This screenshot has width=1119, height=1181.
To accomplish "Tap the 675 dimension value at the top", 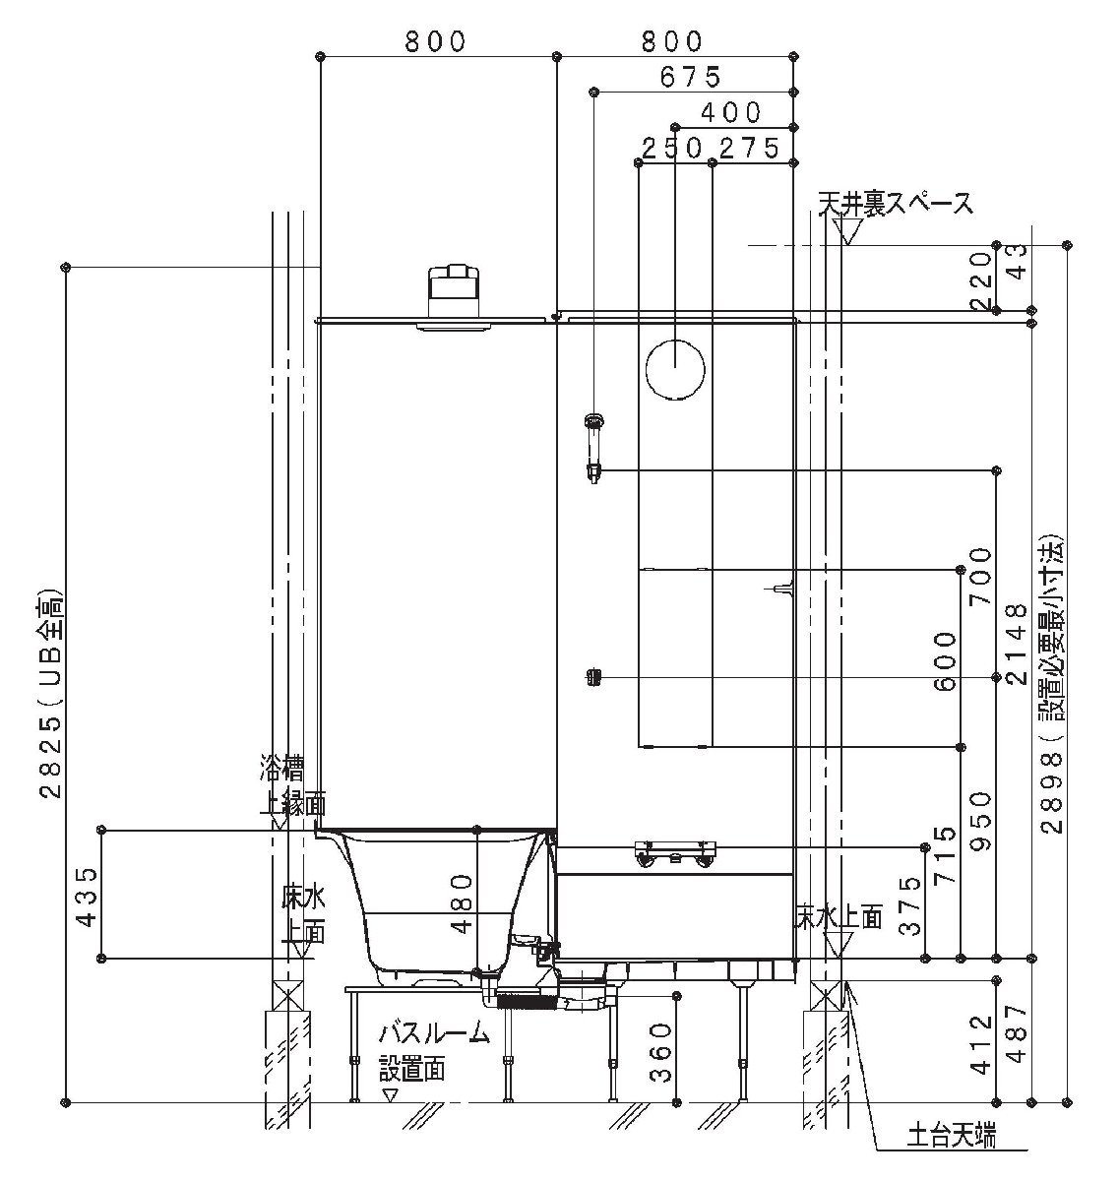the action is (691, 77).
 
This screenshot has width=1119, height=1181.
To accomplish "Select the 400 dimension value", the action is (731, 112).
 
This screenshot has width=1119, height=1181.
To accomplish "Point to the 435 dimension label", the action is (88, 897).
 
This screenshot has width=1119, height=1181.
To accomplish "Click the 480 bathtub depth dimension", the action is (462, 904).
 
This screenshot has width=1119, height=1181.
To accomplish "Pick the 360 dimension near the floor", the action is (660, 1052).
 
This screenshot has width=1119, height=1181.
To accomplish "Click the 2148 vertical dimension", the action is (1017, 645).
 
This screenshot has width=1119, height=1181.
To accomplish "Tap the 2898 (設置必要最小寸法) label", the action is (1052, 682).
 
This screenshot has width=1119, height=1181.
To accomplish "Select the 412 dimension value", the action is (981, 1044).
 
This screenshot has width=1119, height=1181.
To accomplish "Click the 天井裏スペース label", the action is (895, 204).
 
